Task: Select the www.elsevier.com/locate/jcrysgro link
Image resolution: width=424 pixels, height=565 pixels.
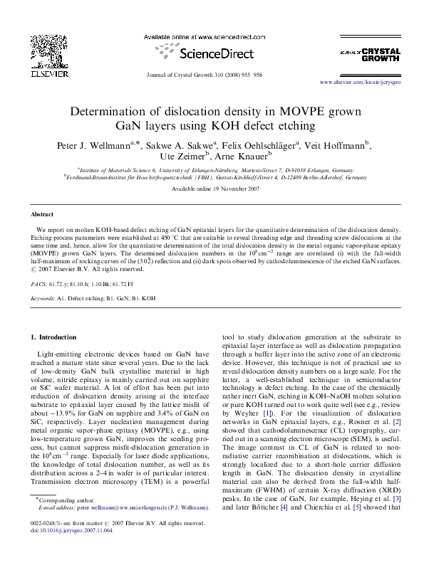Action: point(363,83)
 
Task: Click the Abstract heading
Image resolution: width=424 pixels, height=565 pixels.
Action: point(41,214)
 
